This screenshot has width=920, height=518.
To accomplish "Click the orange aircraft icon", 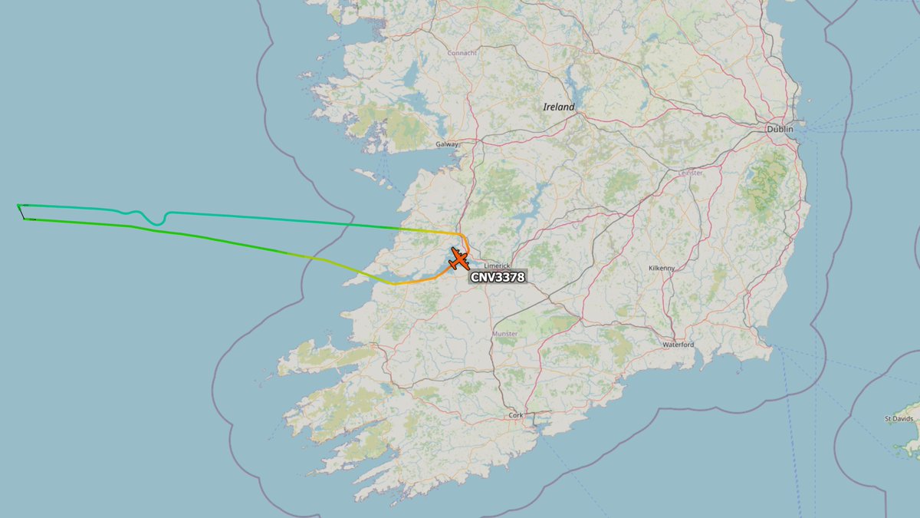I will tap(458, 259).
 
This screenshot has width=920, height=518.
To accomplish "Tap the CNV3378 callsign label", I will tap(498, 278).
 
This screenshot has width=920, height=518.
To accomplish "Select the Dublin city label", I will tap(780, 130).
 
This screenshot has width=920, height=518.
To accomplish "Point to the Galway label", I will tap(446, 144).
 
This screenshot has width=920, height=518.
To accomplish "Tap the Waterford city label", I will tap(678, 345).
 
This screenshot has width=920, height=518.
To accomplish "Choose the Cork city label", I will tap(515, 415).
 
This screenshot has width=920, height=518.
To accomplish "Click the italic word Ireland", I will tap(558, 107).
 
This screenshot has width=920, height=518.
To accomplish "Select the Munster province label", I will tap(505, 334).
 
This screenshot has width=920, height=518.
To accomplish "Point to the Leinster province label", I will tap(690, 173).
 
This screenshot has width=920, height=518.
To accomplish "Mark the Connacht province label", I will tap(462, 53).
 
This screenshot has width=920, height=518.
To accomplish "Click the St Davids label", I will tap(898, 419).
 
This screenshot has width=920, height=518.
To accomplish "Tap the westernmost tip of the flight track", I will tap(18, 205).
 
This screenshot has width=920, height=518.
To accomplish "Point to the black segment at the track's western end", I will tap(21, 213).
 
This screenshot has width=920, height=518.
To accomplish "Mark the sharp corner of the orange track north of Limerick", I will tap(459, 234).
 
